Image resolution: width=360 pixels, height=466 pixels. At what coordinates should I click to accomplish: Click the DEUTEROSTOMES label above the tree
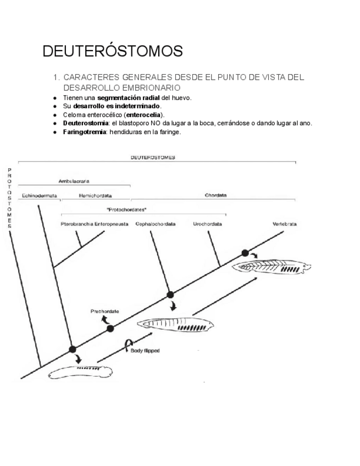coord(153,157)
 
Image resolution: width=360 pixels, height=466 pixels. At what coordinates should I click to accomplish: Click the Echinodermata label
coord(40,195)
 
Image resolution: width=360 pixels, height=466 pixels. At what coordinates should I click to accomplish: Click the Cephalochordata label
coord(156,224)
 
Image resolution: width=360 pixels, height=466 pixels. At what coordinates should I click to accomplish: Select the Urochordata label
coord(208,224)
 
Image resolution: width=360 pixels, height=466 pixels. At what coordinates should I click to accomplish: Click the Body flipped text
coord(145,351)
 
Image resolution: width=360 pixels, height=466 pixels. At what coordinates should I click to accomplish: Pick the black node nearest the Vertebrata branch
coord(246,253)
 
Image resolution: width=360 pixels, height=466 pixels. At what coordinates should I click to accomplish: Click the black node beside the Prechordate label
coord(110,329)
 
